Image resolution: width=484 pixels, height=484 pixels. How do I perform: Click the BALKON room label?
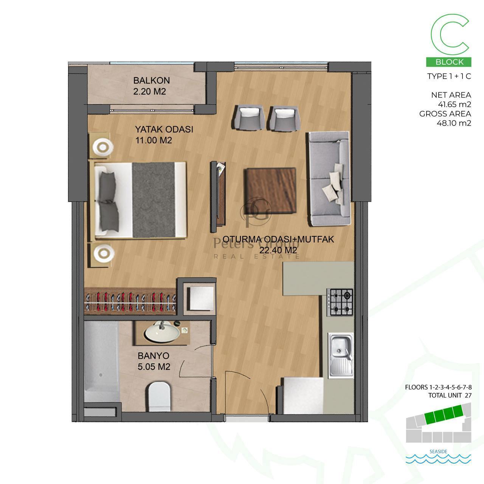click(x=152, y=81)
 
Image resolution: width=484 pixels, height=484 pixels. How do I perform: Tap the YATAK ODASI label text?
click(x=164, y=129)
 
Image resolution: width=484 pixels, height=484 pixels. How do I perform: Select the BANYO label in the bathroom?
click(x=154, y=356)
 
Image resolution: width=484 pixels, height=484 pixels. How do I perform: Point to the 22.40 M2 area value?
click(x=278, y=250)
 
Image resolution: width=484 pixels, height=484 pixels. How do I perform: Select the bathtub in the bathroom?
click(x=101, y=362)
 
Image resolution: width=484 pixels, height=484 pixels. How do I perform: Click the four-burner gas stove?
click(x=340, y=302)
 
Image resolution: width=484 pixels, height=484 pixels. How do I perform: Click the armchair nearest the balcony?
click(x=249, y=117)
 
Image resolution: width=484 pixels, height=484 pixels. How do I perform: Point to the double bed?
click(x=140, y=200)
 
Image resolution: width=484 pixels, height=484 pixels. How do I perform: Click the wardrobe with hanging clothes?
click(x=130, y=301)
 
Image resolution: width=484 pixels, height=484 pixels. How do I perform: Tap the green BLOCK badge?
click(x=448, y=62)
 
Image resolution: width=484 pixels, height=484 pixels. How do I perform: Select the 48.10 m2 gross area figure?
click(x=454, y=123)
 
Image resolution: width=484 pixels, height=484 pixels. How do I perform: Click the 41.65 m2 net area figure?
click(x=455, y=104)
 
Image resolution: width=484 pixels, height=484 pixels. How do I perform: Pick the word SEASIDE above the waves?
click(x=438, y=451)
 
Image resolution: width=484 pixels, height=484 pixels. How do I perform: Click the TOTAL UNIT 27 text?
click(x=450, y=396)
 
